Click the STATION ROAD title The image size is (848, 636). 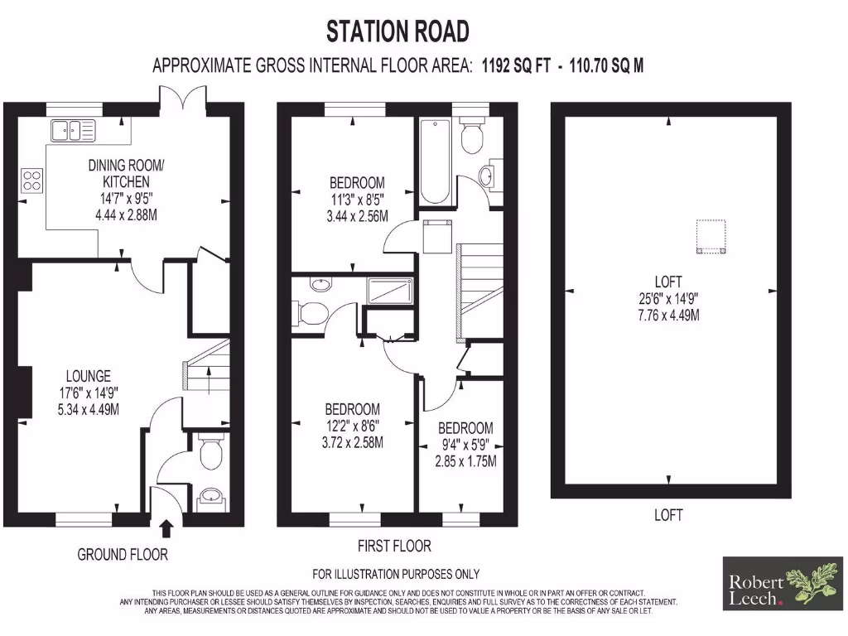pyautogui.click(x=397, y=31)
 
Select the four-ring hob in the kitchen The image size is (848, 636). pyautogui.click(x=32, y=180)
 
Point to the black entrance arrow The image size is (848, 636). pyautogui.click(x=166, y=528)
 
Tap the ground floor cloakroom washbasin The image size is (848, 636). pyautogui.click(x=207, y=498)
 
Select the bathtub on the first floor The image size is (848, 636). pyautogui.click(x=435, y=161)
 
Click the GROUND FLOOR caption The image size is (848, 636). pyautogui.click(x=123, y=554)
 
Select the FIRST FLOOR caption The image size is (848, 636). pyautogui.click(x=394, y=546)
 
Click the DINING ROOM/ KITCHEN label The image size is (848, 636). pyautogui.click(x=126, y=173)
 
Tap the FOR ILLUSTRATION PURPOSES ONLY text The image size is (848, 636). pyautogui.click(x=396, y=574)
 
